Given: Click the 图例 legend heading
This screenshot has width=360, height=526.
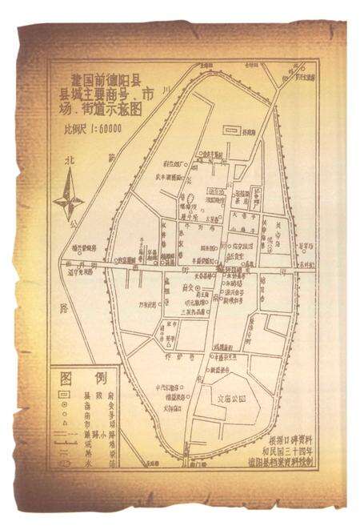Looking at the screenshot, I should tap(84, 378).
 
